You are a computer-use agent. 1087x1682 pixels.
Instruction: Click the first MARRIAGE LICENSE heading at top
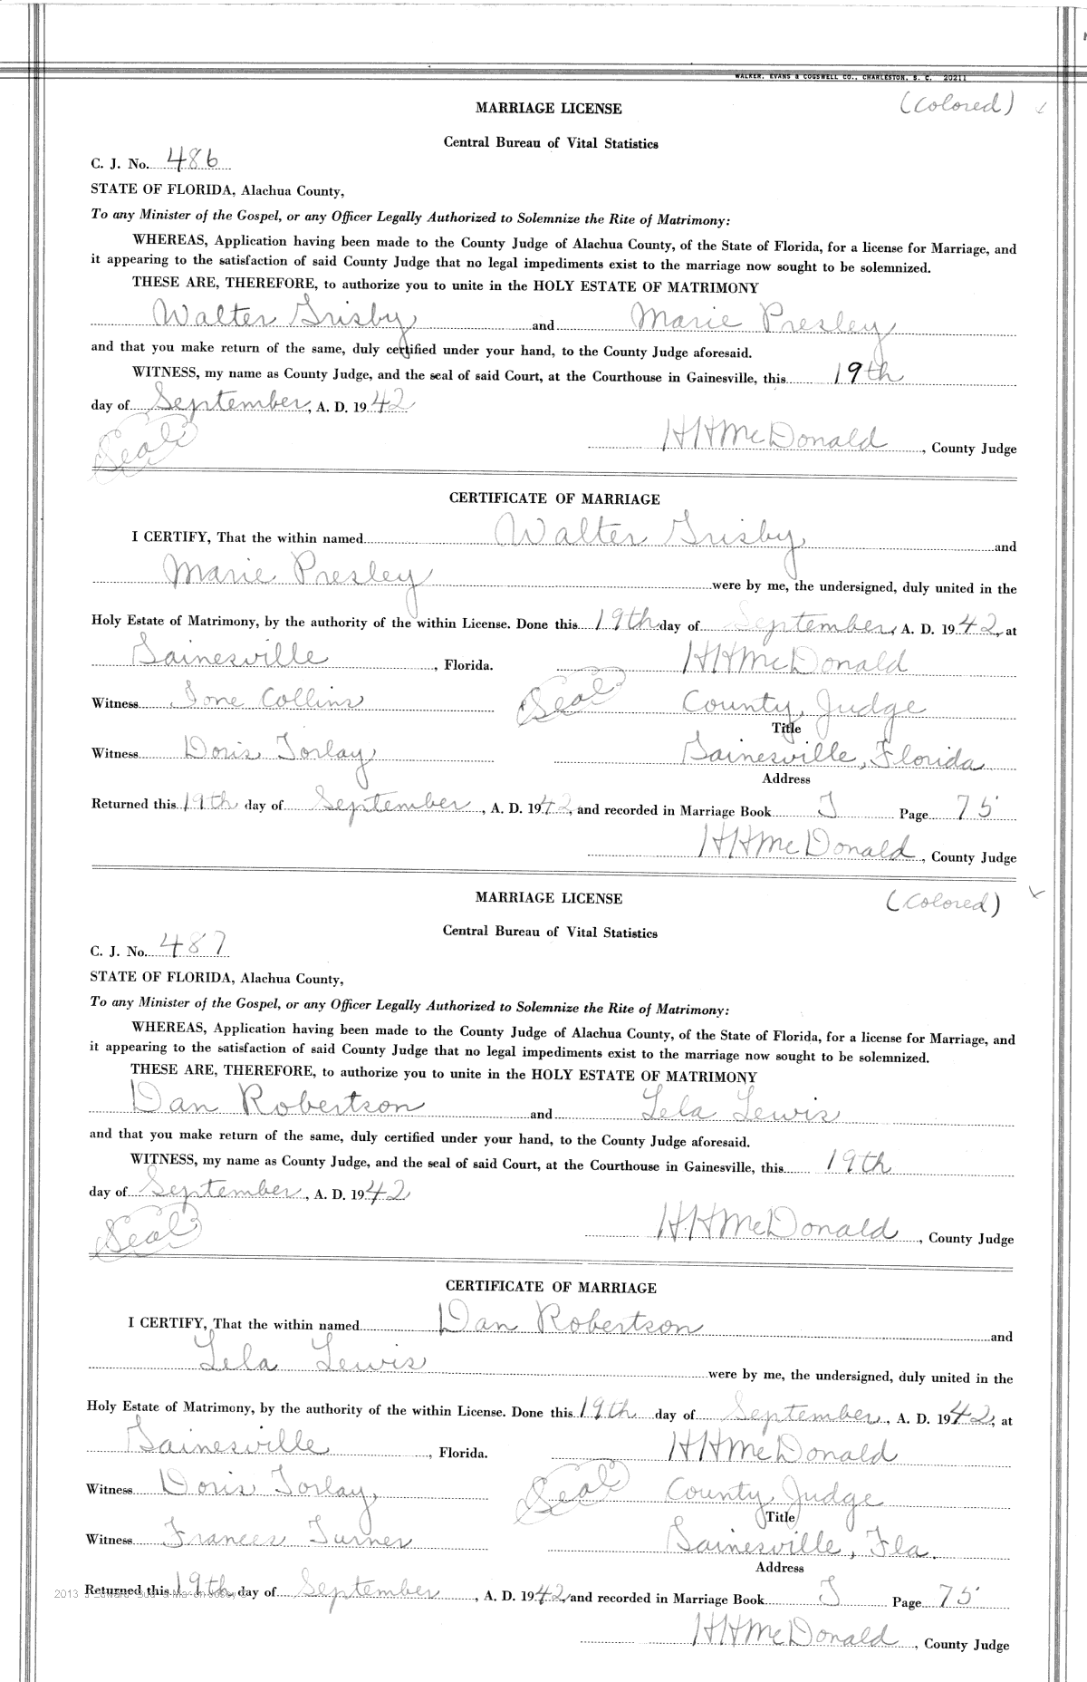tap(549, 109)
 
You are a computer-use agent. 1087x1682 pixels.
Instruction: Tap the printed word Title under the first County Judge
tap(780, 727)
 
